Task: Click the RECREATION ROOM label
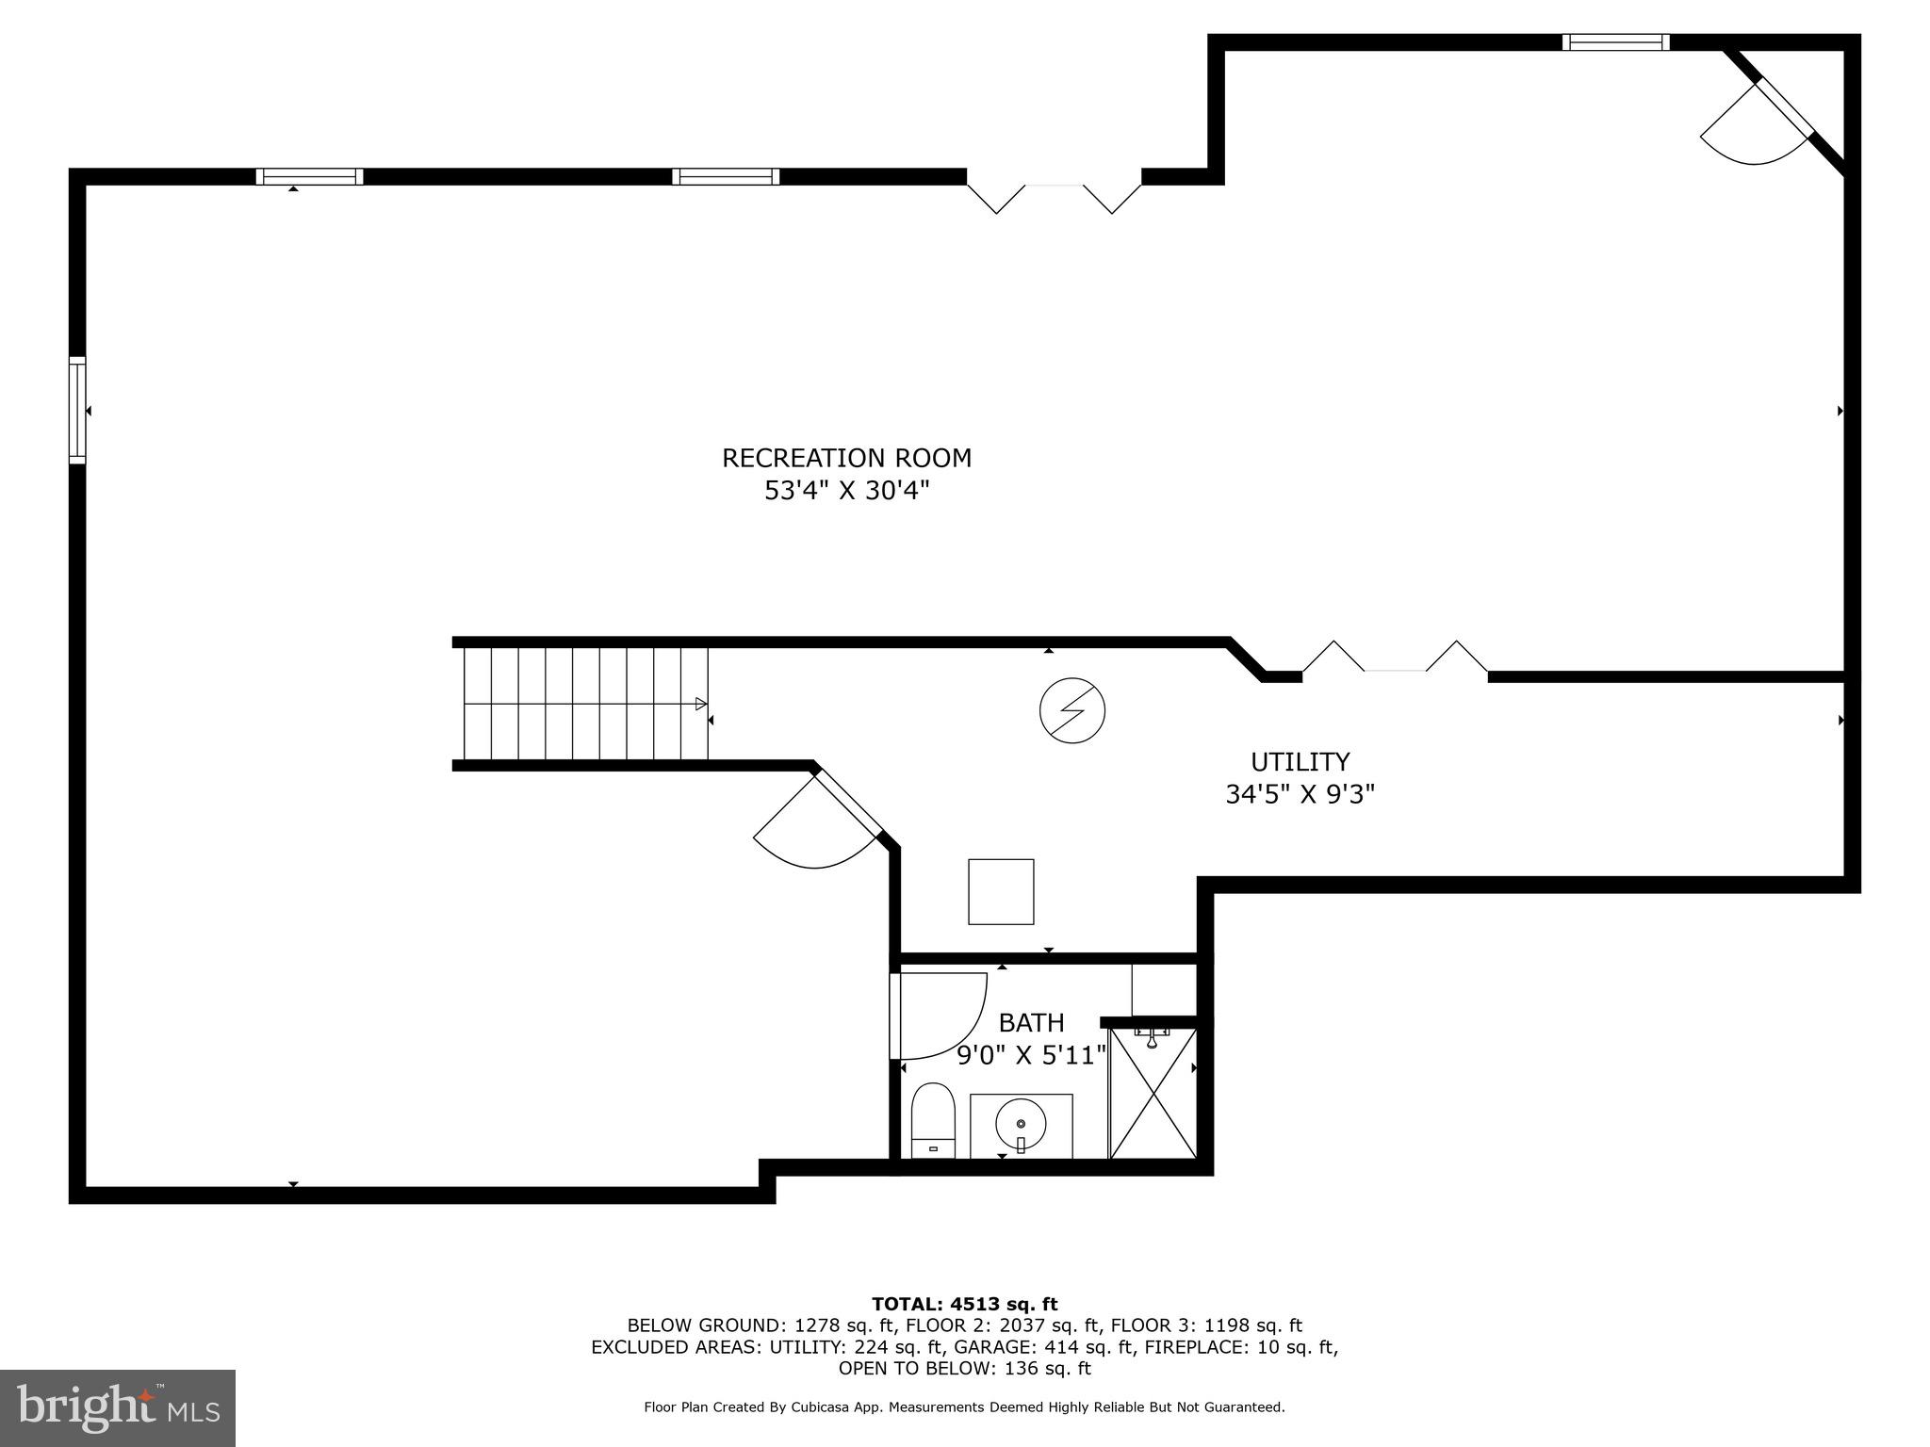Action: [x=846, y=459]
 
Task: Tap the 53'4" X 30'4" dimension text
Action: [x=846, y=491]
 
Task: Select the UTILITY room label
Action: [x=1300, y=761]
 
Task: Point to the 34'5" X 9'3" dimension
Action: [x=1300, y=794]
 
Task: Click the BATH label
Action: [x=1031, y=1022]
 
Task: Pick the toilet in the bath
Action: [x=933, y=1120]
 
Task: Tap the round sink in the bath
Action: [x=1021, y=1125]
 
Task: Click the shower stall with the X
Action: [x=1153, y=1093]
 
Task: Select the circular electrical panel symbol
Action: [x=1071, y=710]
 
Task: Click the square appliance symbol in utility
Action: [x=1001, y=891]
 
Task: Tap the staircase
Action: [x=584, y=703]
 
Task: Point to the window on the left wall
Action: [x=77, y=410]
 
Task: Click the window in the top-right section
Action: [x=1615, y=42]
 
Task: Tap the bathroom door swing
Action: [x=938, y=1015]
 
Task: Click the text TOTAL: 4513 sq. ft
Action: [x=964, y=1304]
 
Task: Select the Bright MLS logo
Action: [x=118, y=1407]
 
